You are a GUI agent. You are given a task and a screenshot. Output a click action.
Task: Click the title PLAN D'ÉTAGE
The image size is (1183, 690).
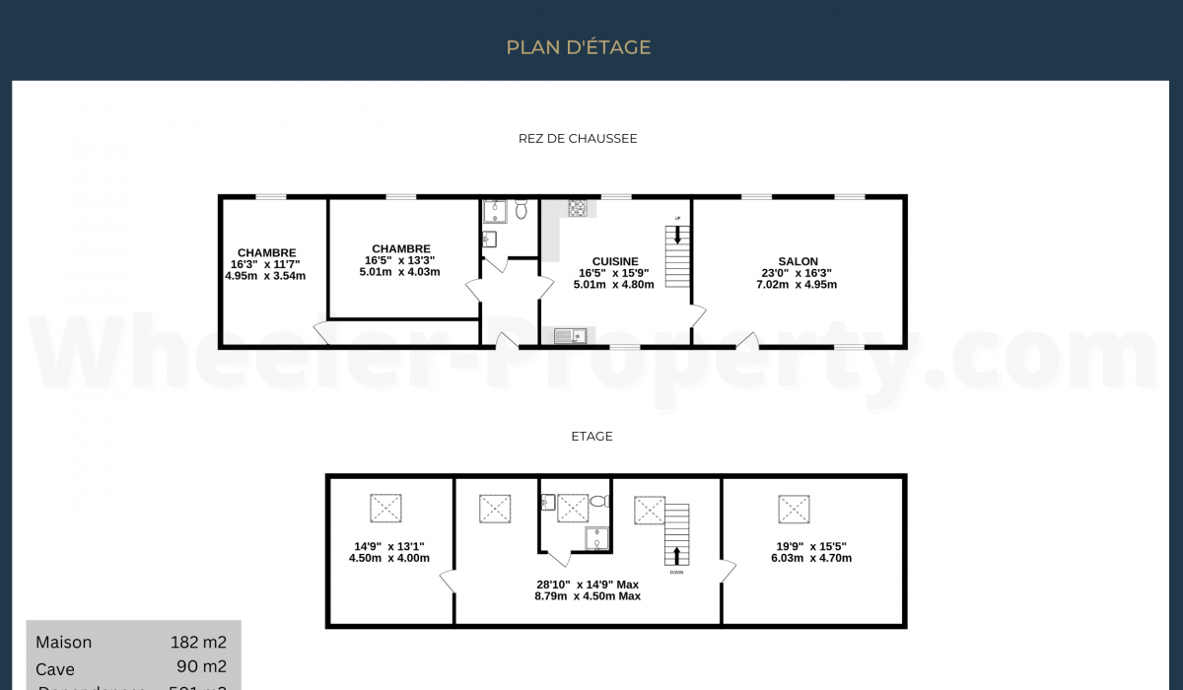pos(579,47)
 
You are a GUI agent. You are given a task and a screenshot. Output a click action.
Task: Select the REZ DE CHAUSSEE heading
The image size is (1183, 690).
pos(578,139)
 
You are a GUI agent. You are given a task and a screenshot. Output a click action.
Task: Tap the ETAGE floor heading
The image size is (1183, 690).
pos(591,436)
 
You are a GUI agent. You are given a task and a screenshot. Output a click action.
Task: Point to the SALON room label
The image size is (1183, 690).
pos(797,261)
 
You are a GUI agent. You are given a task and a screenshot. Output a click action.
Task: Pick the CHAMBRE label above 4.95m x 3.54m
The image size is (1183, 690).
pos(266,253)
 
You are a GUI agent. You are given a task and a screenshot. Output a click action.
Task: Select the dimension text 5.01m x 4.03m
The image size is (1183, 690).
pos(399,272)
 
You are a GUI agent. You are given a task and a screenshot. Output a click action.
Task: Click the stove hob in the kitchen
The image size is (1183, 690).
pos(578,208)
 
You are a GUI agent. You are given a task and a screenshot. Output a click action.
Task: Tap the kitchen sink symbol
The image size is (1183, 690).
pos(569,336)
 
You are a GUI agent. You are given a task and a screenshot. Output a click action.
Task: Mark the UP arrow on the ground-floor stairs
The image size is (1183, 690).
pos(677,235)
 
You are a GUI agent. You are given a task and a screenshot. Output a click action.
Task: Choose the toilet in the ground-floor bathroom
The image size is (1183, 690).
pos(521,210)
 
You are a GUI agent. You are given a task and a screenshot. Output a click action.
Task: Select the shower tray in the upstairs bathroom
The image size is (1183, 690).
pos(597,537)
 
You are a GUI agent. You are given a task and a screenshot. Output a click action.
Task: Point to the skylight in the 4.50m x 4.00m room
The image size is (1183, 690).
pos(385,509)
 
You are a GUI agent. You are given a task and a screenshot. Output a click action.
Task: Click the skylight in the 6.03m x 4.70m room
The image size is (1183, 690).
pos(794,509)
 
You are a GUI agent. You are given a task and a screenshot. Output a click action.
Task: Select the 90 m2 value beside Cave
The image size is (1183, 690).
pos(201,666)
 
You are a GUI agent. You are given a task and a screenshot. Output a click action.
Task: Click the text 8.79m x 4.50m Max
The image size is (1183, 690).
pos(588,596)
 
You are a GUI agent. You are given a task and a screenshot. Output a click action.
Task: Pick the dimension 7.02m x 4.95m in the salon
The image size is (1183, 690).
pos(797,285)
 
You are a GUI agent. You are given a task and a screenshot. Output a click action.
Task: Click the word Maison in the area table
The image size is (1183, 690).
pos(64,643)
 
